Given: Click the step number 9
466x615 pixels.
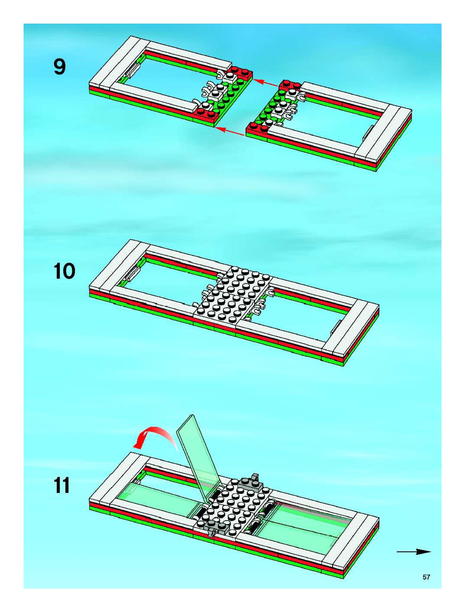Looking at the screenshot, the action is pyautogui.click(x=60, y=68).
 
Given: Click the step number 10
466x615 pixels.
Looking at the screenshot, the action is pyautogui.click(x=65, y=272).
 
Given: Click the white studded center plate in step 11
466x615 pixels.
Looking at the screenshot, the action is pyautogui.click(x=233, y=502).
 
